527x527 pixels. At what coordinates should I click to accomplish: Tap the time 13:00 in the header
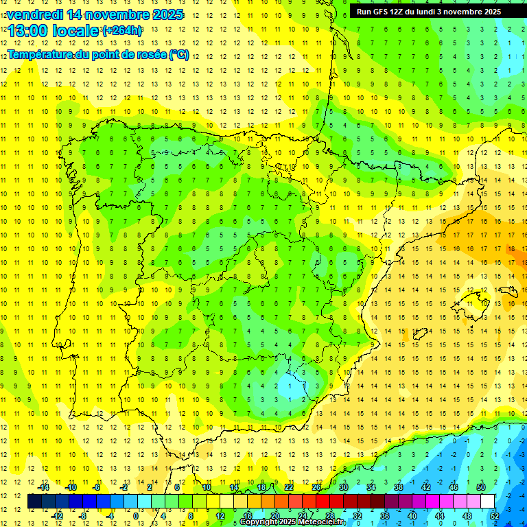(29, 31)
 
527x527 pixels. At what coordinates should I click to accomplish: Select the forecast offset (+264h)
(122, 31)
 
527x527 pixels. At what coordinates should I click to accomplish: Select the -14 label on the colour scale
(43, 487)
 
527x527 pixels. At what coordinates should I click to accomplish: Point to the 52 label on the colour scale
(495, 515)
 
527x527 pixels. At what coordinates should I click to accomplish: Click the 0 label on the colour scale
(136, 515)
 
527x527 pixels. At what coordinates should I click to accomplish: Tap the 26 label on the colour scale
(316, 487)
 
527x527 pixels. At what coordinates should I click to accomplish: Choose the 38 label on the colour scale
(399, 487)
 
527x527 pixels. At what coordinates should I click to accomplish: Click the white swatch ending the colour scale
(488, 501)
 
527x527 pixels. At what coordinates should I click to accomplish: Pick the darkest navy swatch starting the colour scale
(34, 501)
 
